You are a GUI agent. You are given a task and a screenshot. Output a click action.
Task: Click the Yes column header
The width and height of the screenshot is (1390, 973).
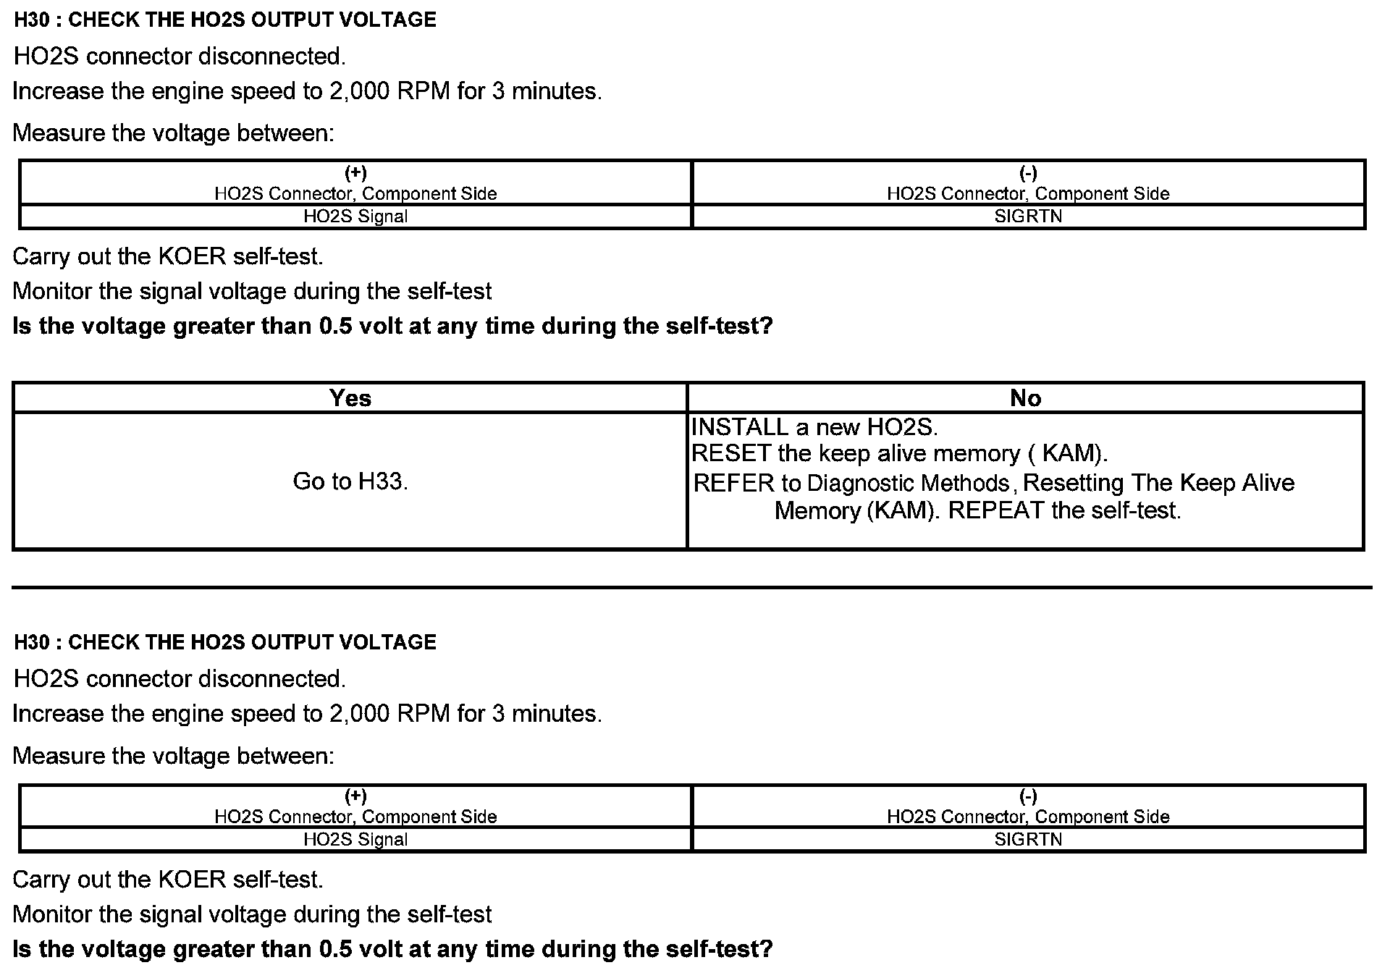(350, 398)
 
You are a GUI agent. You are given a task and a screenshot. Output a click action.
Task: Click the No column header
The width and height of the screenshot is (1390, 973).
(1025, 398)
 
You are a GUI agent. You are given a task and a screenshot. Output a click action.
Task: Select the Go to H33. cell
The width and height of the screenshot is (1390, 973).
(350, 481)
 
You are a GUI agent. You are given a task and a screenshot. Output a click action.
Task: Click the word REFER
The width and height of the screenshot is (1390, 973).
(733, 483)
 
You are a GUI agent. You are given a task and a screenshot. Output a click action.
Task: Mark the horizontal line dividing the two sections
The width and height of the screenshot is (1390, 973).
(691, 587)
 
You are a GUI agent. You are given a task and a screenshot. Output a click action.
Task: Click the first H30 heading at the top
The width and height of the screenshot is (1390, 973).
(225, 20)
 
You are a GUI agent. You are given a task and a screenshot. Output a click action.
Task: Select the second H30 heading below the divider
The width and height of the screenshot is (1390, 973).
(225, 642)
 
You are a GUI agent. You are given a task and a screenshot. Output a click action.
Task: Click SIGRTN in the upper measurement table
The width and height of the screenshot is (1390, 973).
(1028, 216)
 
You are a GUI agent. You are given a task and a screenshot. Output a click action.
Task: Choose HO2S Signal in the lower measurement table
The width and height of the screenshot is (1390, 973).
(355, 840)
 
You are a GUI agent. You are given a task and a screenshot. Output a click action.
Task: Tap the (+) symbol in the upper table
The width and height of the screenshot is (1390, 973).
(355, 172)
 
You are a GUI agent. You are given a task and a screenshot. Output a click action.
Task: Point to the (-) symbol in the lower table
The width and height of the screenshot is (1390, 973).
(1028, 796)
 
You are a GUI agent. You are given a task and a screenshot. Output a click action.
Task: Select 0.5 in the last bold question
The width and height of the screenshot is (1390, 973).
(335, 949)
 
